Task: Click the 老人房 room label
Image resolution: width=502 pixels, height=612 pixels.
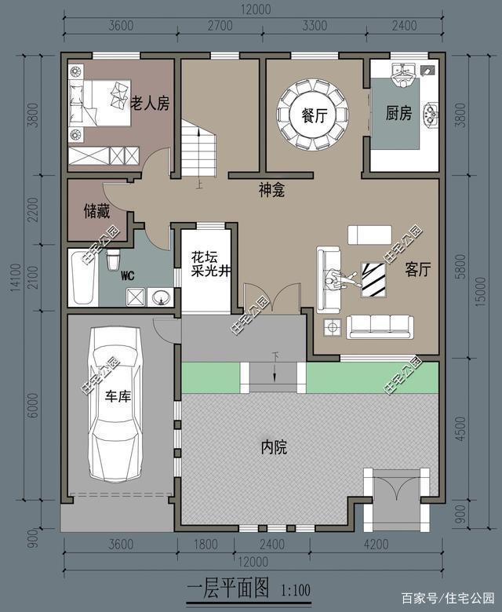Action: click(x=150, y=103)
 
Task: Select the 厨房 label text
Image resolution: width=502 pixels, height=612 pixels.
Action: click(x=398, y=114)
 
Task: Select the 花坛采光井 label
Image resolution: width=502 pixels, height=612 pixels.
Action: click(x=209, y=264)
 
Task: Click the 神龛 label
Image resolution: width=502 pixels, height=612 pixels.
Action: click(x=271, y=189)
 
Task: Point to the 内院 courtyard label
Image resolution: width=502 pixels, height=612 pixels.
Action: click(x=274, y=448)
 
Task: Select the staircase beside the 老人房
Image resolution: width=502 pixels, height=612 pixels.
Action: click(x=198, y=153)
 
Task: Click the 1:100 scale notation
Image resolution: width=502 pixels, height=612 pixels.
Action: click(x=295, y=587)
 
